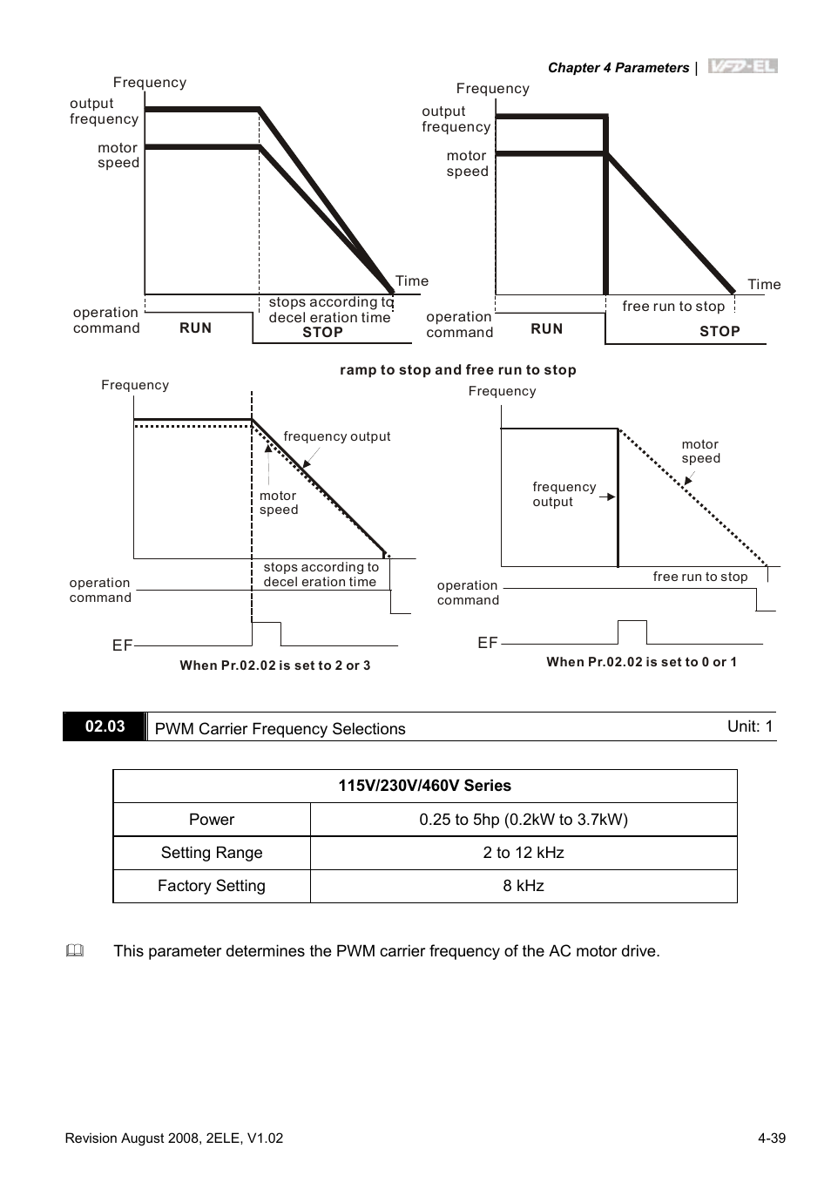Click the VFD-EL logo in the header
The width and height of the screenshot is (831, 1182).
[x=742, y=66]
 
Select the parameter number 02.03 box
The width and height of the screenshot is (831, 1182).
[x=105, y=726]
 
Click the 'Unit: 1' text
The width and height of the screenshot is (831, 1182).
[x=750, y=726]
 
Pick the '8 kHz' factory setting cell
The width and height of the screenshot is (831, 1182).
[x=523, y=886]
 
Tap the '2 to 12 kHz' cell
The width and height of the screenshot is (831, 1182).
[x=523, y=853]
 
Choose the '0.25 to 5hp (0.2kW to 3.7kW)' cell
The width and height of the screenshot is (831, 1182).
[x=523, y=820]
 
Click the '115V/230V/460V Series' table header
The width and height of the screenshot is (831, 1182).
[x=424, y=786]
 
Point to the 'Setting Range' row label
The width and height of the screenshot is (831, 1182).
[x=212, y=853]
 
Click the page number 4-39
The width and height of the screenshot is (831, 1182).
[x=772, y=1138]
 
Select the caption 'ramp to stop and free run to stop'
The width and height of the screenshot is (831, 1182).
[x=457, y=370]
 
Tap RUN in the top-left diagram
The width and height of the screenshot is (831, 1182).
[x=196, y=328]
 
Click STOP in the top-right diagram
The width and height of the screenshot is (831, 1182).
[x=720, y=331]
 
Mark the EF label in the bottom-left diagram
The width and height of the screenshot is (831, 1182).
[x=122, y=645]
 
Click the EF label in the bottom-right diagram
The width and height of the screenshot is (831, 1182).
[x=488, y=643]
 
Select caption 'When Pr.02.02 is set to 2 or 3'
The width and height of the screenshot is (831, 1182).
[x=274, y=665]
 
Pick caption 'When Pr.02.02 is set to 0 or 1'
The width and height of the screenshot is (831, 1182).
[x=641, y=662]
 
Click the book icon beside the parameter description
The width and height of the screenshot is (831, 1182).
[x=74, y=951]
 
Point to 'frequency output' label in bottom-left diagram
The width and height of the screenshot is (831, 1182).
[x=337, y=436]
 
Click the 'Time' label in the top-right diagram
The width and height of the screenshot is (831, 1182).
[x=764, y=284]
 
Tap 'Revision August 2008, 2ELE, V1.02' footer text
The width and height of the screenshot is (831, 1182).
[x=174, y=1138]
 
